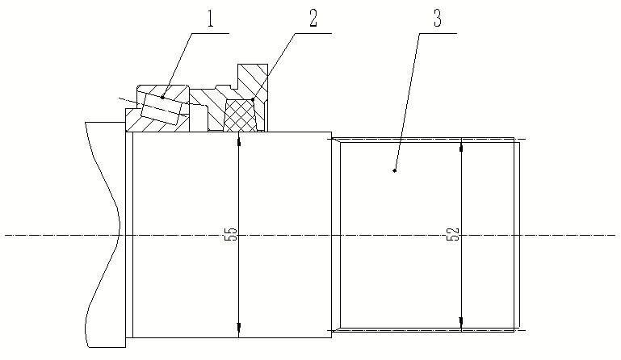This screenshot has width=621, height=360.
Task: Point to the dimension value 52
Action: coord(453,235)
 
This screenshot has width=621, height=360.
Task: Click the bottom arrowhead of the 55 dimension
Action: coord(239,331)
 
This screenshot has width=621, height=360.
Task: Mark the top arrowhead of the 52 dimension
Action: coord(460,146)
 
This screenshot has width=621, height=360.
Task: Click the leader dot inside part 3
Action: coord(394,170)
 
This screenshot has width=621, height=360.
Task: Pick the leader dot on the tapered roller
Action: coord(162,97)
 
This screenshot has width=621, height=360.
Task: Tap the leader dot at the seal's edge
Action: coord(253,99)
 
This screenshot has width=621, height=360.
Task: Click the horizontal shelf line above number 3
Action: coord(437,33)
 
